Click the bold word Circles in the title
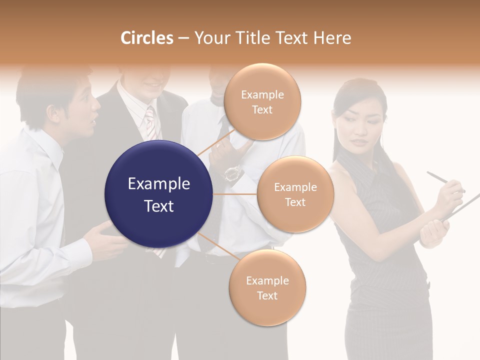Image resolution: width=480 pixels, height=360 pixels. click(x=146, y=38)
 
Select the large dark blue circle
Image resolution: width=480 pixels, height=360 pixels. click(x=159, y=194)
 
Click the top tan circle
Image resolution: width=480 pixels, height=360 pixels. click(x=262, y=102)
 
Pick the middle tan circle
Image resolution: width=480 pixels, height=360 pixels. click(x=295, y=194)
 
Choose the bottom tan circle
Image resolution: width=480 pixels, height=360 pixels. click(x=267, y=287)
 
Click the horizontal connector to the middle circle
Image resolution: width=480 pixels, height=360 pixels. click(x=235, y=194)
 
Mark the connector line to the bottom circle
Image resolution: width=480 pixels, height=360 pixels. click(x=215, y=245)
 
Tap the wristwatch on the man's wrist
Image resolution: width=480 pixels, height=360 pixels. click(x=232, y=173)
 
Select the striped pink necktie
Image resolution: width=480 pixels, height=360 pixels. click(x=150, y=122)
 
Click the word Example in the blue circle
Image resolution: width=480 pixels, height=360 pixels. click(x=159, y=184)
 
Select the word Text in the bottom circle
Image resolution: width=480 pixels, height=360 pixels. click(x=267, y=295)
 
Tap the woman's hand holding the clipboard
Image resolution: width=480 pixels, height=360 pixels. click(x=433, y=230)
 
